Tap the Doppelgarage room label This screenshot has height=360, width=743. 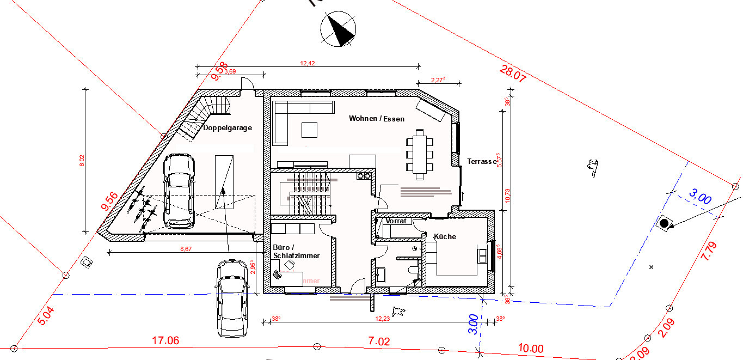tap(228, 129)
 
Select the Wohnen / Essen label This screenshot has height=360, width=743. tap(377, 119)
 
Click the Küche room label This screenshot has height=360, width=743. tap(445, 237)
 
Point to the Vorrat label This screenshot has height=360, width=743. tap(396, 222)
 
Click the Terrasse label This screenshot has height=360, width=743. tap(482, 162)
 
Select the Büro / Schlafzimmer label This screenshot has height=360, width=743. tap(296, 252)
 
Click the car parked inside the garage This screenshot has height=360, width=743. tap(179, 190)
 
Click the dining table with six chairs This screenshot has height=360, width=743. tap(419, 154)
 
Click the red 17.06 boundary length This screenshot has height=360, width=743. tap(165, 341)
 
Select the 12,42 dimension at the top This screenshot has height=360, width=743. tap(308, 64)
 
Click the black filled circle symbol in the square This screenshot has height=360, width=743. tap(664, 223)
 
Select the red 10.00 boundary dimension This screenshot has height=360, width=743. tap(531, 349)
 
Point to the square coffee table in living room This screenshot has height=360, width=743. tap(310, 130)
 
